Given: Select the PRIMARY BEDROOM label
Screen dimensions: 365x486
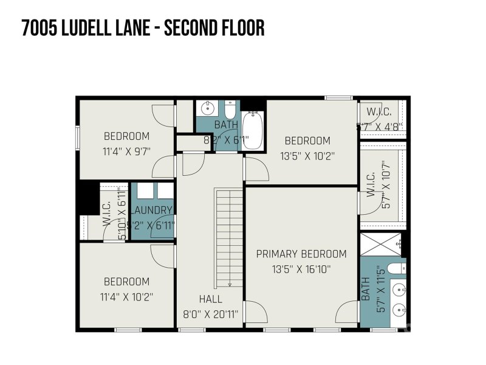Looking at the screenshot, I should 301,254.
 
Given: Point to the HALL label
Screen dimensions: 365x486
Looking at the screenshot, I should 210,299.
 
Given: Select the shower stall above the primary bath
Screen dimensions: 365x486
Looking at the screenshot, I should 382,245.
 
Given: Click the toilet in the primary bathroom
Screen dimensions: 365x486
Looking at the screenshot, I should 396,268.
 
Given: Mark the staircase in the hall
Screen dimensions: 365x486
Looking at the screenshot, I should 228,237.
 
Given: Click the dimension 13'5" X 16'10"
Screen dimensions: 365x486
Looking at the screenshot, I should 301,269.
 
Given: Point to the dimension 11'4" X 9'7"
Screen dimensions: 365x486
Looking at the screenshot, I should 126,151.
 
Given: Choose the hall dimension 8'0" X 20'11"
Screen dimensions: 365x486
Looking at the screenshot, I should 210,315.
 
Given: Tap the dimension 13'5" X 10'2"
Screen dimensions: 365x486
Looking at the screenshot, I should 307,155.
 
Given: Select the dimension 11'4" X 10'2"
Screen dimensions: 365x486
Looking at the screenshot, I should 126,297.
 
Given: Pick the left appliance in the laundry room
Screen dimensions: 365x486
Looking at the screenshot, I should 144,191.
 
